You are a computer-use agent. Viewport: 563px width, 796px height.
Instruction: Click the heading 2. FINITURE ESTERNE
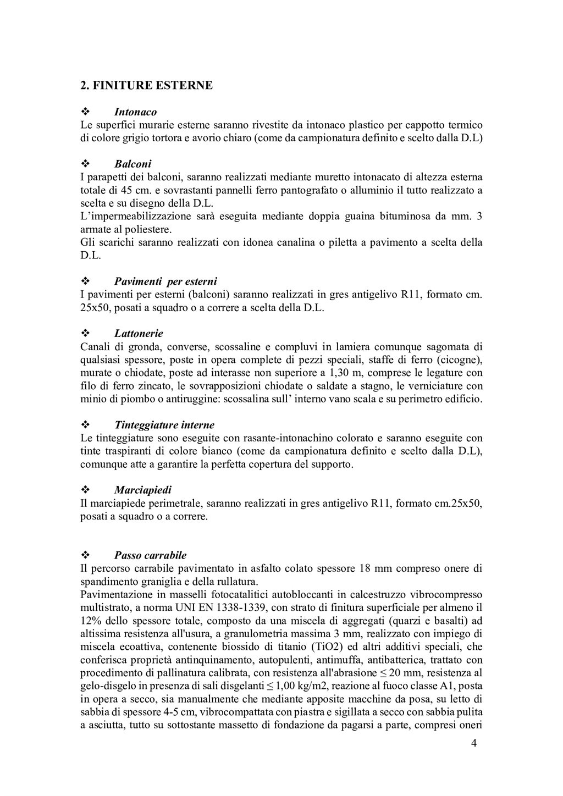tap(146, 86)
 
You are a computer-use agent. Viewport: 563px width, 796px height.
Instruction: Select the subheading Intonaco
tap(135, 112)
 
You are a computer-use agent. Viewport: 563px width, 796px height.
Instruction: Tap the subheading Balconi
tap(133, 164)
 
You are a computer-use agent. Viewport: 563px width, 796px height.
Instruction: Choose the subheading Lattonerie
tap(139, 334)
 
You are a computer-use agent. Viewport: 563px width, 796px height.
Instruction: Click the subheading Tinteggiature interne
tap(164, 425)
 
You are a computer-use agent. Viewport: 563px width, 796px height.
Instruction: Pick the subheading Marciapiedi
tap(142, 490)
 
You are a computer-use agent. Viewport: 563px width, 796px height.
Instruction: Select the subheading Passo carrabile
tap(150, 555)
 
